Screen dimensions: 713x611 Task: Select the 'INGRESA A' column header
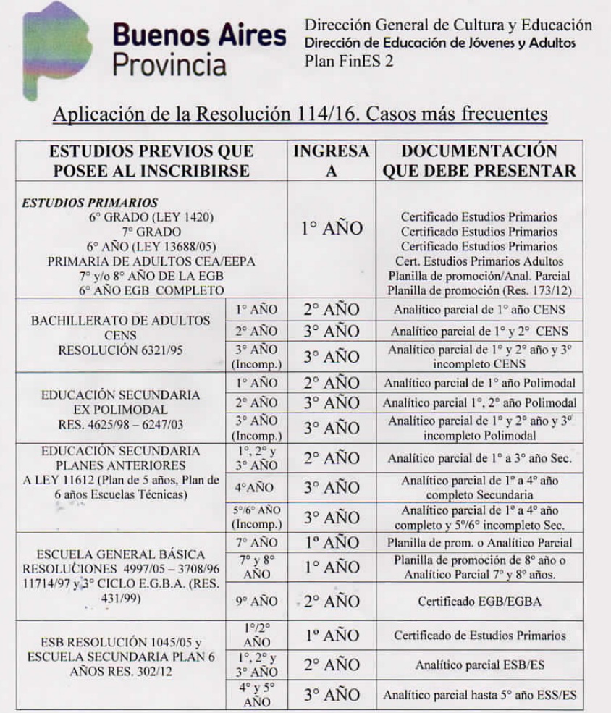332,161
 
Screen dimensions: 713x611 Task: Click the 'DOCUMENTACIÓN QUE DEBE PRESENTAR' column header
479,161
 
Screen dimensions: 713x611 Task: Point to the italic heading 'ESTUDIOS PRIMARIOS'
90,203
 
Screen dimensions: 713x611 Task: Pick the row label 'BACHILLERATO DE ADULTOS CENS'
120,328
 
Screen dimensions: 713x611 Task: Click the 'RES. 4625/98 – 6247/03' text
120,426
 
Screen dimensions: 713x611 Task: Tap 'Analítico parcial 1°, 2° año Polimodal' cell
479,403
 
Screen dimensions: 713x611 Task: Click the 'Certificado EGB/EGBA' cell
479,602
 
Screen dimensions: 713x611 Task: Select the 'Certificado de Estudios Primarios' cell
479,636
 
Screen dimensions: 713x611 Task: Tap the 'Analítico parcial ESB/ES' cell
479,665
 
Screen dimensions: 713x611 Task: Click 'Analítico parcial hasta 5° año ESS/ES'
479,695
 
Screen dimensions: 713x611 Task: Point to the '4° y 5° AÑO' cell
257,693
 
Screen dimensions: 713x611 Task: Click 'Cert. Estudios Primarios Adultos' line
479,261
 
